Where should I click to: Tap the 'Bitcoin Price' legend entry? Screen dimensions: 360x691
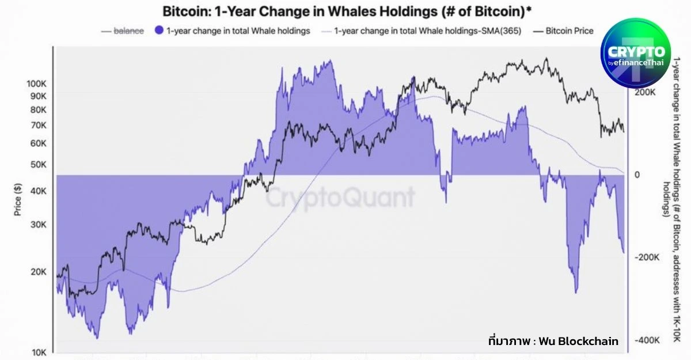click(x=569, y=31)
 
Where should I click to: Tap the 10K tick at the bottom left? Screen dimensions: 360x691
click(x=39, y=353)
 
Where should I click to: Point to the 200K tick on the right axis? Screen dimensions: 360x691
click(x=646, y=92)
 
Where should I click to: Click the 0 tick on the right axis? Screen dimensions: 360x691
click(x=637, y=175)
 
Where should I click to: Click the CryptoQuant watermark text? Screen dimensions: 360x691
click(x=340, y=198)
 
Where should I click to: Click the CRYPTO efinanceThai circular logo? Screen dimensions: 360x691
click(x=636, y=53)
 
